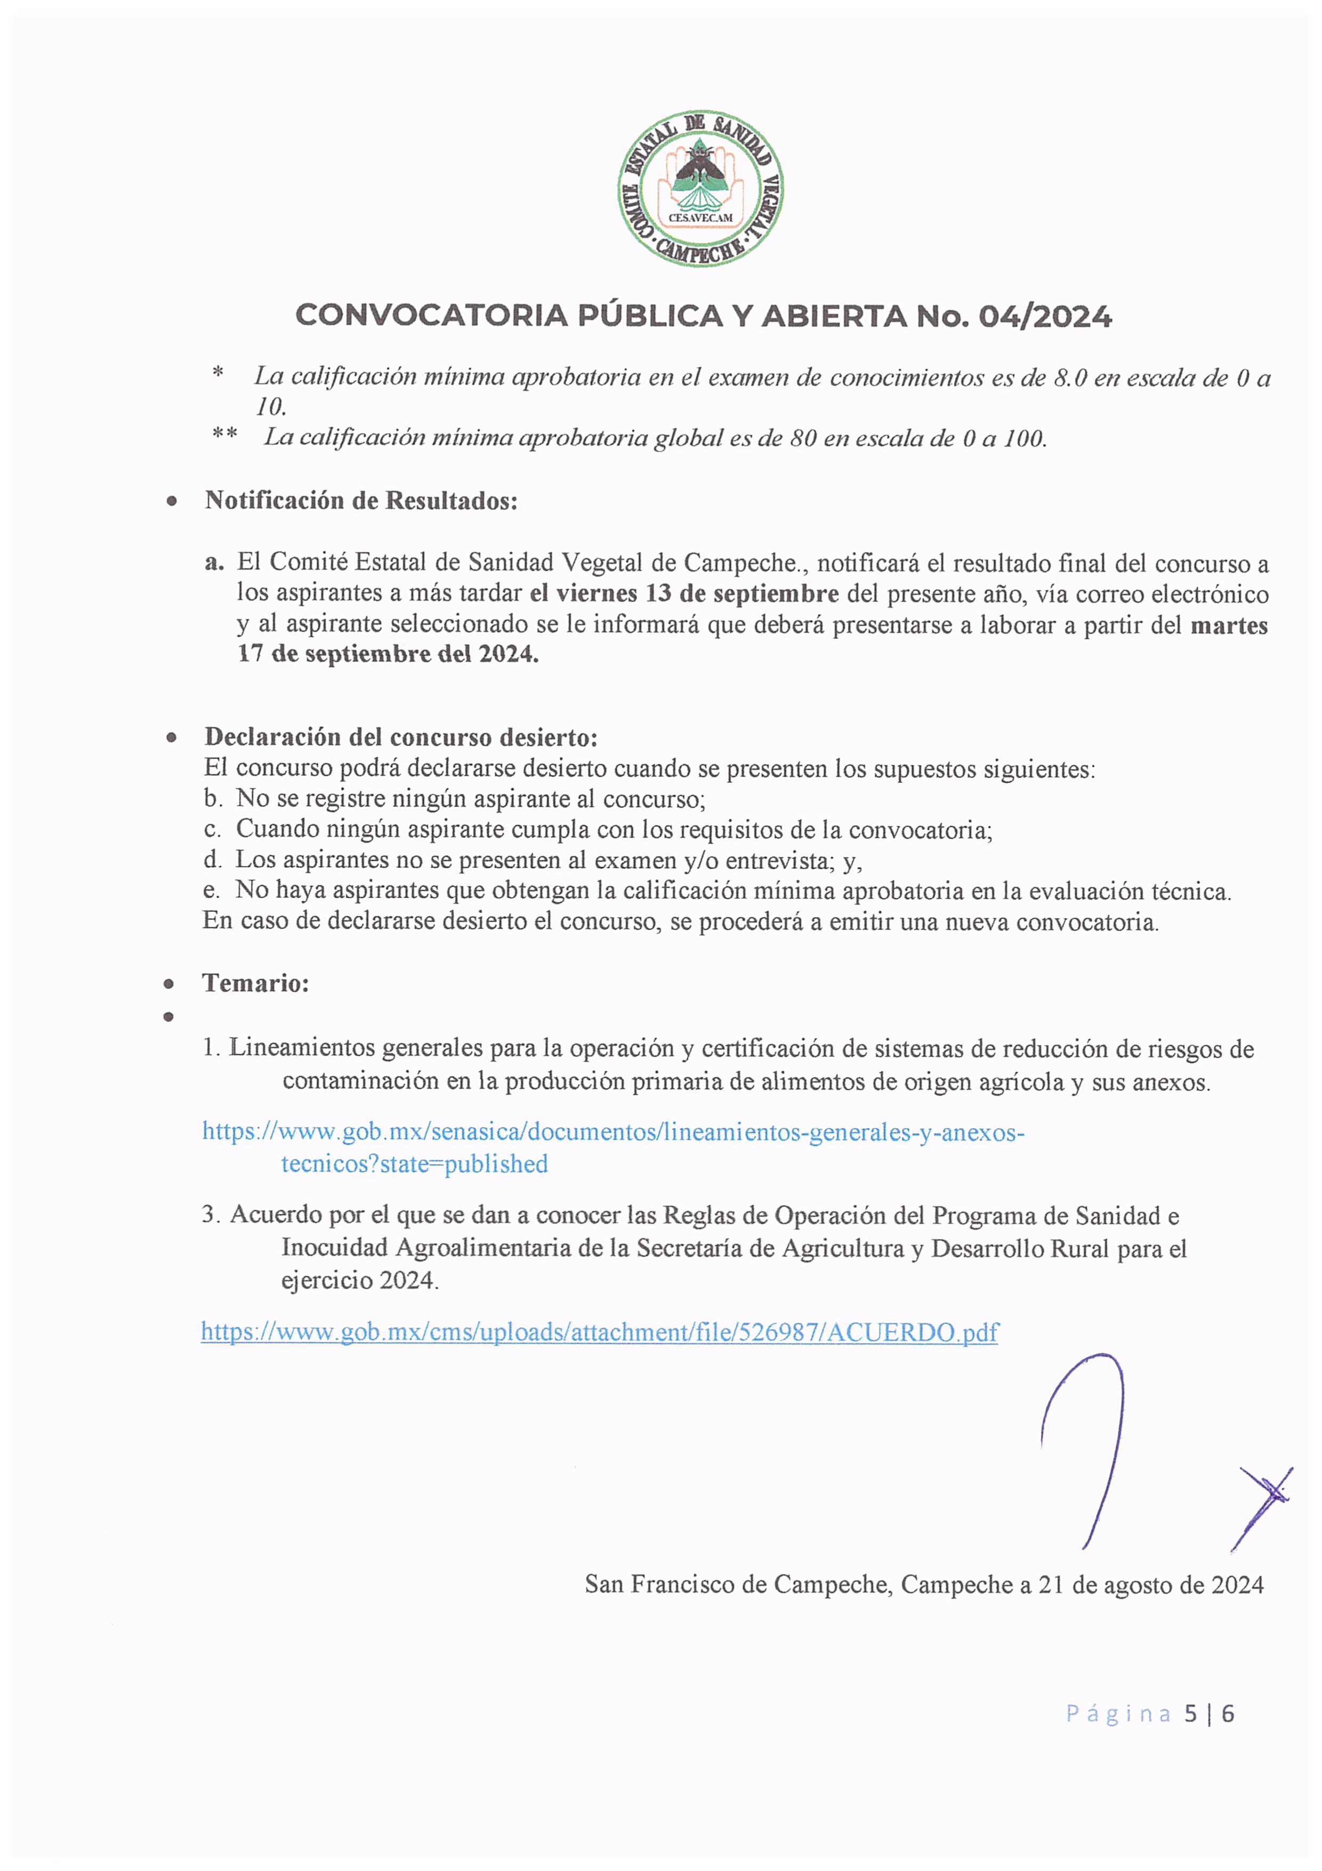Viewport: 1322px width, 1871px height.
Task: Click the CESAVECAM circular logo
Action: point(700,188)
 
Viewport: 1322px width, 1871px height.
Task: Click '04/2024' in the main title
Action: point(1044,316)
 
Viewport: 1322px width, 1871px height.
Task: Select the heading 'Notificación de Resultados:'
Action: point(361,500)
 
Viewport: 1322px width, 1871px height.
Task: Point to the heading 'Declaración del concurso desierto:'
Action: point(401,737)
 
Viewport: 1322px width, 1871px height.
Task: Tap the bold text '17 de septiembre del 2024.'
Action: point(388,654)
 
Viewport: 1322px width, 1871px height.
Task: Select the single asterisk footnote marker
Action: point(217,374)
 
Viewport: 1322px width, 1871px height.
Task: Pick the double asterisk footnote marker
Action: point(225,435)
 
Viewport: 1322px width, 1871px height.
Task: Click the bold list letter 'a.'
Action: point(214,563)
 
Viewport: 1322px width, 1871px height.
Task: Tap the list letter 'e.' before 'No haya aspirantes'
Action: point(212,890)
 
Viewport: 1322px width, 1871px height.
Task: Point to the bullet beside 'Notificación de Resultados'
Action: point(171,502)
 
